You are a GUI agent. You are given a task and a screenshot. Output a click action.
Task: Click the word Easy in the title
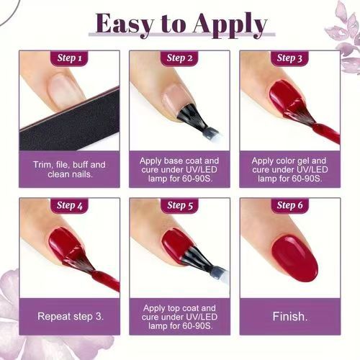click(x=125, y=24)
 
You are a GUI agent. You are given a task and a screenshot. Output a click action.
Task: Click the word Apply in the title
click(x=230, y=25)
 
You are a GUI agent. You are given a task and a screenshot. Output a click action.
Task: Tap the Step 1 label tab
click(x=70, y=58)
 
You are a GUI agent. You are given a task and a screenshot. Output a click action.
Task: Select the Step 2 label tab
click(x=179, y=58)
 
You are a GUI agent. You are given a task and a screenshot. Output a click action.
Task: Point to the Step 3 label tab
click(x=289, y=58)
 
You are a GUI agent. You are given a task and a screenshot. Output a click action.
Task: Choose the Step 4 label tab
click(x=70, y=206)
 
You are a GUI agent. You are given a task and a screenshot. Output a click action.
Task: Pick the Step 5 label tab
click(x=180, y=206)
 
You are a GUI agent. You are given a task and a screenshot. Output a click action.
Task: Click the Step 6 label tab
click(x=290, y=206)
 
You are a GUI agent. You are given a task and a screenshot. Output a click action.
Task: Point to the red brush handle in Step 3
click(x=327, y=132)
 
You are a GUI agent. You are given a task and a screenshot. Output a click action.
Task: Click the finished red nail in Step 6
click(x=294, y=258)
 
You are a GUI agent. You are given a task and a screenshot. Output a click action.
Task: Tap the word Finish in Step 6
click(x=289, y=317)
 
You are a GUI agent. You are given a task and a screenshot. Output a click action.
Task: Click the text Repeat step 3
click(x=71, y=317)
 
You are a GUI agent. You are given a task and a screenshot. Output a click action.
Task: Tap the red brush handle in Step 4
click(x=106, y=280)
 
